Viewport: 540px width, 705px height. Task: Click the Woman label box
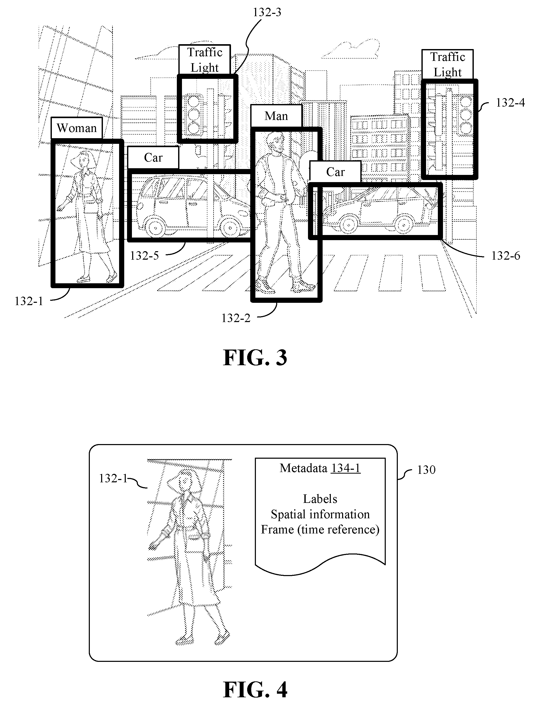[x=76, y=128]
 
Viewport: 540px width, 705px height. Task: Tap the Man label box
[x=276, y=116]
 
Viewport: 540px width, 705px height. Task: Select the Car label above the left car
[x=153, y=158]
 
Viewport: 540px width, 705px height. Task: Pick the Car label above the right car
[x=335, y=172]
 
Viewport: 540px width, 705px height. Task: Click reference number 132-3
[x=267, y=12]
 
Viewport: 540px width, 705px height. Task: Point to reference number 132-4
[x=510, y=102]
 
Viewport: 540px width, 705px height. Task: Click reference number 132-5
[x=144, y=256]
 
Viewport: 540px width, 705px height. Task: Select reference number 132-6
[x=506, y=256]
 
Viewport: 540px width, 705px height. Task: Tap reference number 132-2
[x=236, y=318]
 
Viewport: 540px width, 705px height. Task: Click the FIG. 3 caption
[x=255, y=358]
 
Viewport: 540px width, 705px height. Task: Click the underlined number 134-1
[x=346, y=468]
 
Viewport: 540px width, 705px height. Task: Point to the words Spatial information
[x=320, y=514]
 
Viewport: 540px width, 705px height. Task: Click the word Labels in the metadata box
[x=320, y=499]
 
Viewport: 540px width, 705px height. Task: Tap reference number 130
[x=426, y=470]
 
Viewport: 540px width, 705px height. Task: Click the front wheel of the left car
[x=230, y=228]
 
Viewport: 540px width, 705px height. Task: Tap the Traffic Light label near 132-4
[x=447, y=64]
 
